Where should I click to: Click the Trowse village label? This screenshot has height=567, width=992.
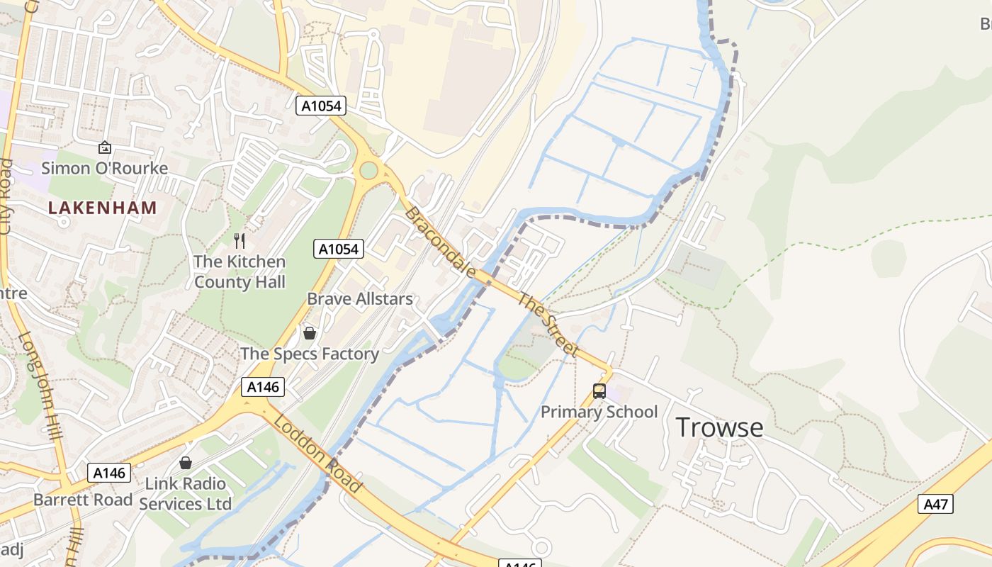click(x=719, y=427)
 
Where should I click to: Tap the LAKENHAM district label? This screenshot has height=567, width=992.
click(x=103, y=208)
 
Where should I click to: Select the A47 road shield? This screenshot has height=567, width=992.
click(x=935, y=504)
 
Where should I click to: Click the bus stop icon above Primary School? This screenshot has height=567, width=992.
click(x=599, y=391)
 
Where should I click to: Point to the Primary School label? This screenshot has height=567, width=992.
click(x=599, y=412)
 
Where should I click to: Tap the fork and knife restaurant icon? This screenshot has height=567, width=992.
click(x=239, y=241)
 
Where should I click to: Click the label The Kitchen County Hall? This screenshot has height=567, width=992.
click(x=239, y=271)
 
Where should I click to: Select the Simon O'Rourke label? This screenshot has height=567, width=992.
click(x=105, y=168)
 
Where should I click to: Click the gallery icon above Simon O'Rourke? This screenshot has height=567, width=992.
click(x=105, y=147)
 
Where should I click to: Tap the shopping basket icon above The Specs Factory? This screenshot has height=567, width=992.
click(x=310, y=332)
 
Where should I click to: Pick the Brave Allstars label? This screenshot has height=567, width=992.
click(x=360, y=298)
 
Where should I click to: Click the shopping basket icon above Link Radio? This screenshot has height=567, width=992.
click(x=186, y=463)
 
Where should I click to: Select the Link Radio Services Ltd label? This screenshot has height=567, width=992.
click(x=186, y=494)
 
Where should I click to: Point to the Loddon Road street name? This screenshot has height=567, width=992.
click(x=318, y=454)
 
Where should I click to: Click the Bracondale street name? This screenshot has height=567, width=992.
click(x=439, y=242)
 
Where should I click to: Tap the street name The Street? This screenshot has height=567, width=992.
click(x=548, y=323)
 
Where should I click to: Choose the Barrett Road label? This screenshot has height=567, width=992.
click(x=83, y=500)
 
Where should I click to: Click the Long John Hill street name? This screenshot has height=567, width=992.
click(x=41, y=386)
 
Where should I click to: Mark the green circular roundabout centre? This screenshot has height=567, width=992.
click(x=368, y=170)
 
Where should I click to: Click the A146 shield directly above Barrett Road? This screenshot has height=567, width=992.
click(x=109, y=473)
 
